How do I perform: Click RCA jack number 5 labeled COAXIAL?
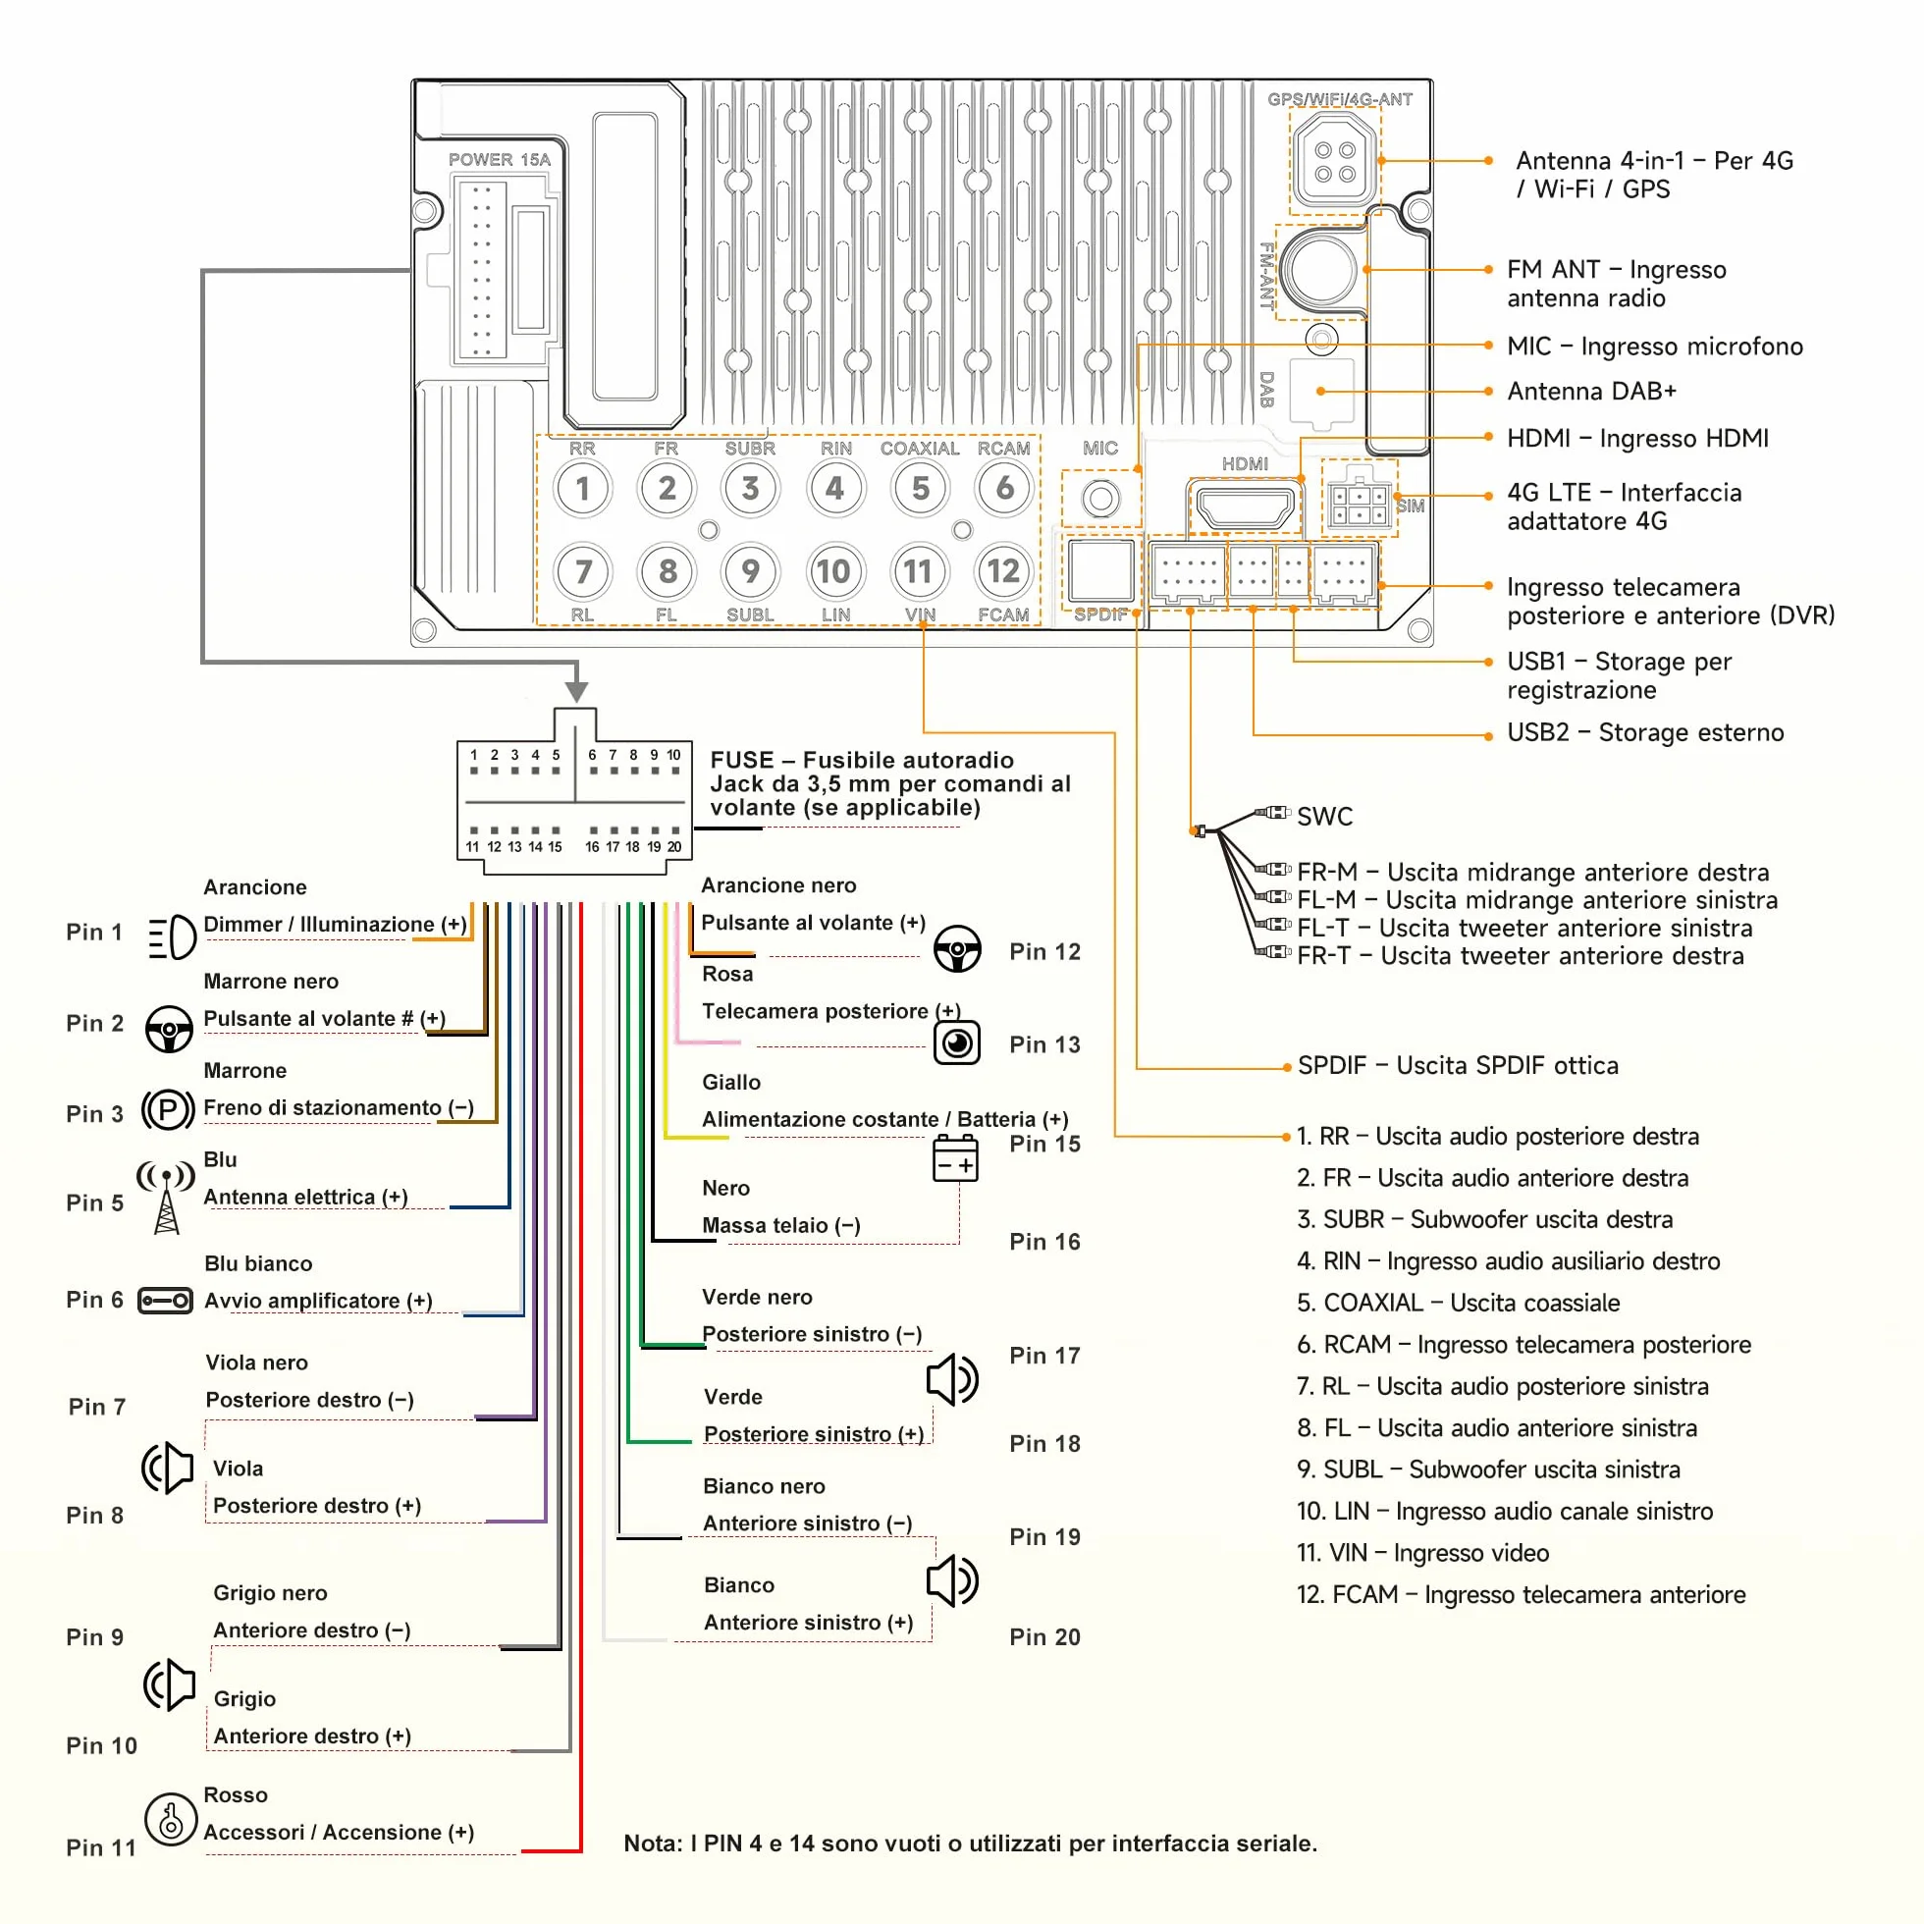920,488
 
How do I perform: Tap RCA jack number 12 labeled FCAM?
1003,571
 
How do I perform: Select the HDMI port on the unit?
1245,507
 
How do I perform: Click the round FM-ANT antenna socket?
1319,269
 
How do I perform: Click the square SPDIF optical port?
1100,571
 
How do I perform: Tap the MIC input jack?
1100,498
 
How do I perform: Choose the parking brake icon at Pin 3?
168,1109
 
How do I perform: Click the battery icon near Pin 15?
955,1159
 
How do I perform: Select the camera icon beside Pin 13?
957,1042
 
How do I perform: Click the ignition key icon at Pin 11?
170,1819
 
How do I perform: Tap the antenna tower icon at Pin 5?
166,1198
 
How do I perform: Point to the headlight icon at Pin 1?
171,937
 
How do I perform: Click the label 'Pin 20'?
1044,1637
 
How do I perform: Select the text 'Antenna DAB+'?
1591,392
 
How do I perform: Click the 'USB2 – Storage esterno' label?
1645,733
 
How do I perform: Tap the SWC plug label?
1324,817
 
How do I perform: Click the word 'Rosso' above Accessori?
235,1794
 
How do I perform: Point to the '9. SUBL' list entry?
1488,1470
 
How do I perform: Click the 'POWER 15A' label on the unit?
499,159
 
